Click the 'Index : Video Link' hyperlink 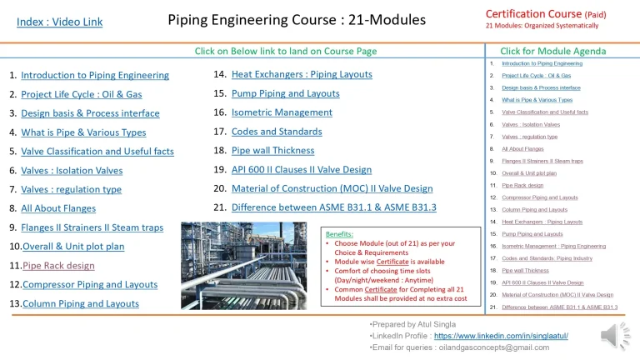[59, 22]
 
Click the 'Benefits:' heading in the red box [339, 234]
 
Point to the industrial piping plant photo [259, 266]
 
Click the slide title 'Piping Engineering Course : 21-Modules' [296, 19]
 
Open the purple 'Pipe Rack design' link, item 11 [58, 266]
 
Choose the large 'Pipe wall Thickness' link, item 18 [273, 151]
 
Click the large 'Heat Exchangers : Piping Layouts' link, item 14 [302, 74]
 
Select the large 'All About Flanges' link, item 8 [58, 208]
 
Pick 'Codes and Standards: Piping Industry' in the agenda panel [547, 258]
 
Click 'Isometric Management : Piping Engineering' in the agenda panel [553, 247]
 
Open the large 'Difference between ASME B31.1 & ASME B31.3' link [333, 207]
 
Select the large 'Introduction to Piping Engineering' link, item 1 [95, 75]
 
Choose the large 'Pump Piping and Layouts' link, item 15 [285, 93]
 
